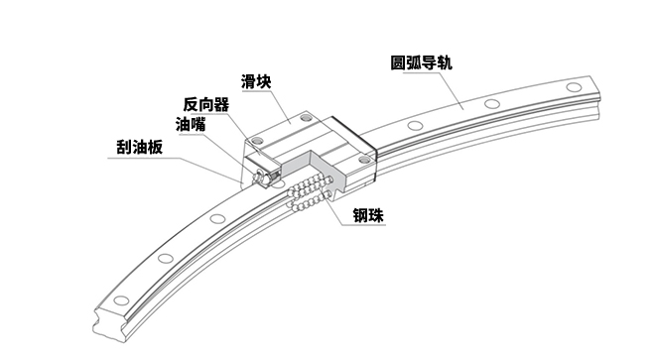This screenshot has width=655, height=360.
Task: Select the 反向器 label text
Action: pos(205,103)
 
